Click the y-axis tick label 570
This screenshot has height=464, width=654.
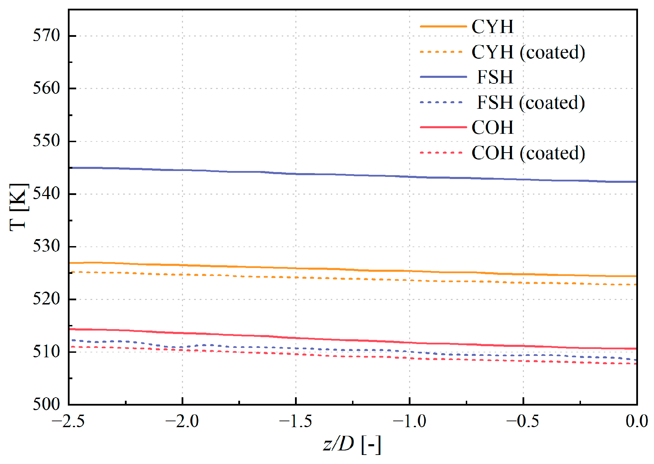(x=46, y=36)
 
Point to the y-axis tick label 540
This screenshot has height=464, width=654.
(x=46, y=194)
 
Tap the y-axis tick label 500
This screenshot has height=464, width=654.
(x=46, y=404)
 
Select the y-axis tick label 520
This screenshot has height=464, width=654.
(x=46, y=299)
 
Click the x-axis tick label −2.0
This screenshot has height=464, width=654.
(x=182, y=422)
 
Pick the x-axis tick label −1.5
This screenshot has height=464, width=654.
(x=295, y=422)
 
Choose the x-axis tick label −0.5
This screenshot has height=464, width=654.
(x=523, y=422)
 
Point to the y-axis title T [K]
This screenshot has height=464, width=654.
(x=18, y=207)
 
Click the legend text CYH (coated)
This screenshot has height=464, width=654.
(x=528, y=52)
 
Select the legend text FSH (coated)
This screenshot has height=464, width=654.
(x=531, y=103)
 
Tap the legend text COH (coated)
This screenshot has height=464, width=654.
(x=528, y=153)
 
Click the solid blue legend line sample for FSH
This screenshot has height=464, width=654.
(x=443, y=77)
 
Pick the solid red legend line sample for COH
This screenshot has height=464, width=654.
(x=443, y=127)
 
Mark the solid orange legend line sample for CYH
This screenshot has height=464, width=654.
(x=443, y=26)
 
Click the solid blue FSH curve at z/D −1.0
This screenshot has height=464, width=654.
(x=409, y=177)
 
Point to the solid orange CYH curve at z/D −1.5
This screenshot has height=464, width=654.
(x=296, y=268)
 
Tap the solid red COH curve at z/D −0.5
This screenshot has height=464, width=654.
(x=523, y=346)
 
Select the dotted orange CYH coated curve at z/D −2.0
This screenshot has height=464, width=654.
(x=182, y=275)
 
